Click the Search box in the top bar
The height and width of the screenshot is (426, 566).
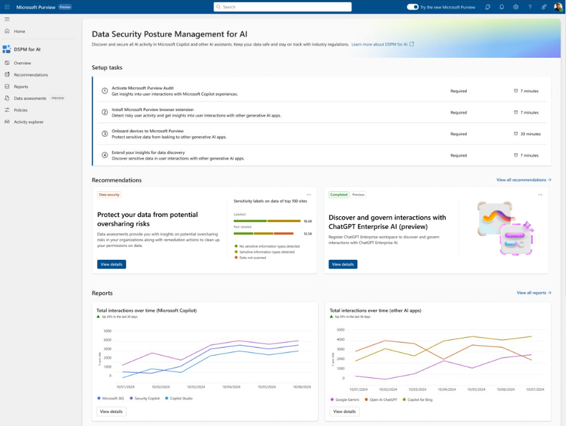pyautogui.click(x=283, y=7)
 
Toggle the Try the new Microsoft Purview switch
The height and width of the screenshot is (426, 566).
pyautogui.click(x=412, y=7)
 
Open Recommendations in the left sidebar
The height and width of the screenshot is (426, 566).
pyautogui.click(x=31, y=75)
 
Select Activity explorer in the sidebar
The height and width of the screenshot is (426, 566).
pyautogui.click(x=29, y=122)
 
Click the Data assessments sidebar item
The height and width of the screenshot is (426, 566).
pyautogui.click(x=30, y=98)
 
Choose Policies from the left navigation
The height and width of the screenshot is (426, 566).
pyautogui.click(x=21, y=110)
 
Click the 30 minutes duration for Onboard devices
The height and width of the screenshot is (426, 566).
pyautogui.click(x=529, y=134)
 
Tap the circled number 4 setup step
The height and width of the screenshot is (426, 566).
pyautogui.click(x=105, y=155)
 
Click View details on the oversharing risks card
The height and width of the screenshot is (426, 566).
pyautogui.click(x=111, y=264)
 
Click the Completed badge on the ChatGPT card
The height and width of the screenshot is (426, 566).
pyautogui.click(x=339, y=194)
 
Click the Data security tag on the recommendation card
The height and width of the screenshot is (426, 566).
pyautogui.click(x=109, y=194)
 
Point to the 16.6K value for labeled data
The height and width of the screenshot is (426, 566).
pyautogui.click(x=307, y=221)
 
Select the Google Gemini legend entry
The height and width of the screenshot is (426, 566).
pyautogui.click(x=348, y=399)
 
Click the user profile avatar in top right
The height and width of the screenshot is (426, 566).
pyautogui.click(x=558, y=7)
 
